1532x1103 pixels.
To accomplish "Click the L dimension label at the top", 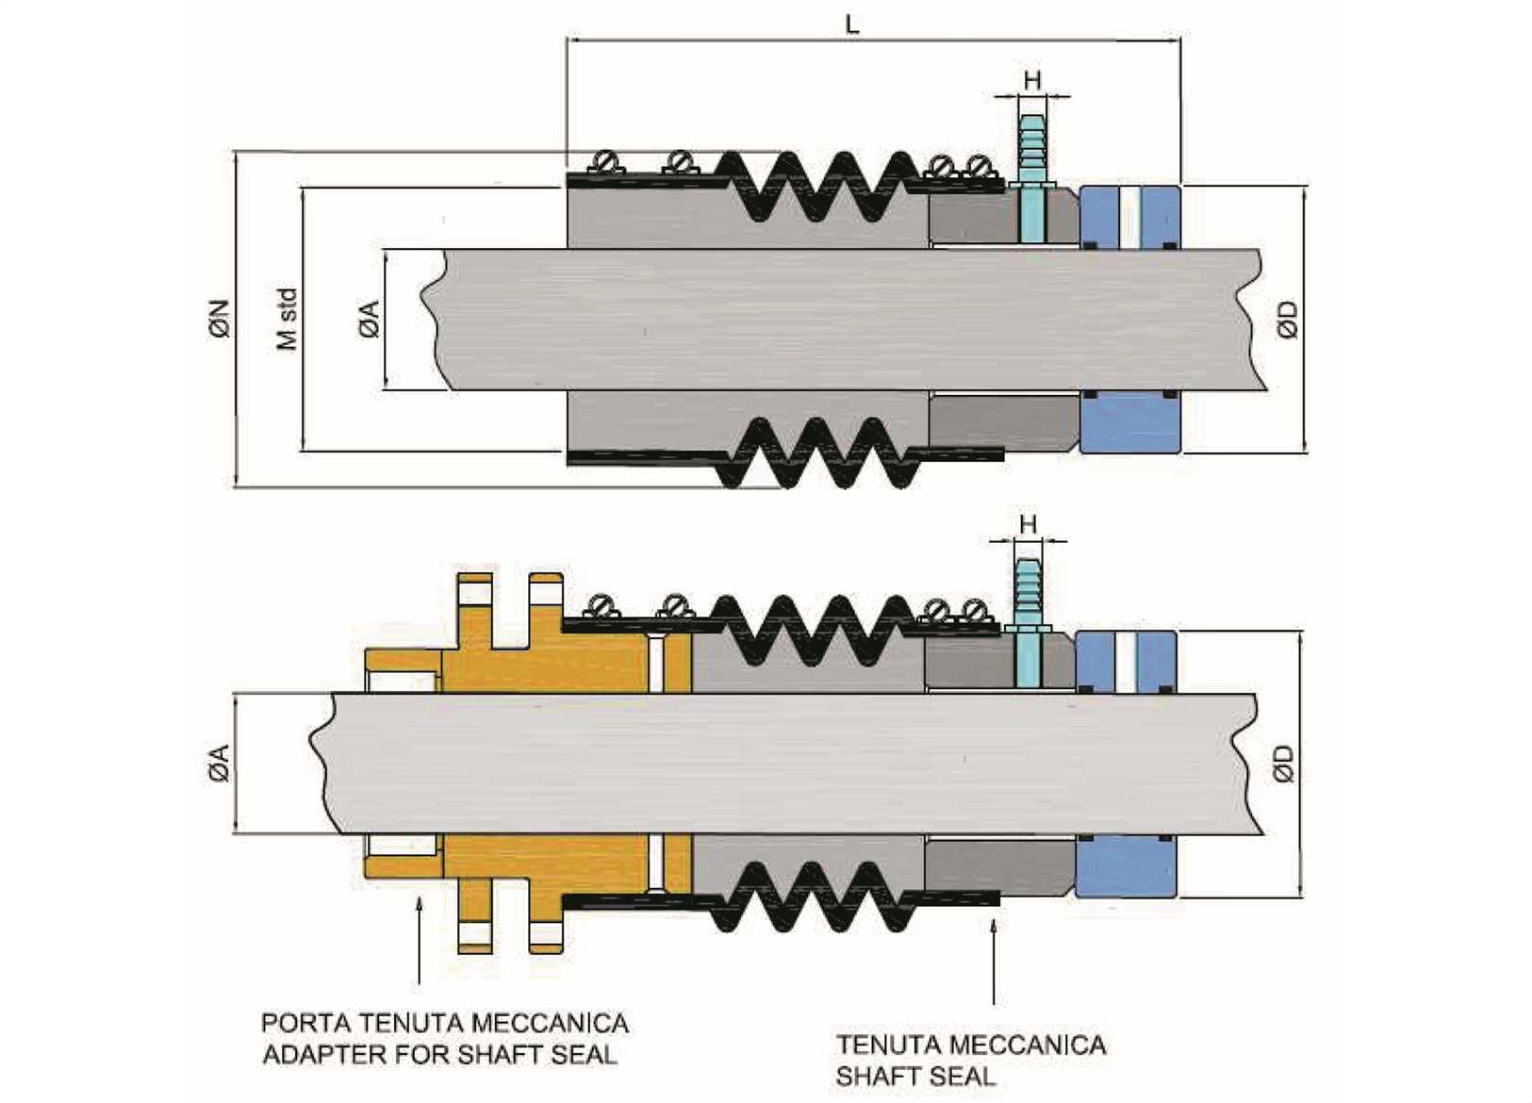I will tap(852, 25).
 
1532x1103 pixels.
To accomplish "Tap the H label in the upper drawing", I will tap(1032, 80).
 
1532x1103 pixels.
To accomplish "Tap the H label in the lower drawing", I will tap(1028, 524).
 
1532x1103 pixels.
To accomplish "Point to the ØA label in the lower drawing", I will tap(219, 763).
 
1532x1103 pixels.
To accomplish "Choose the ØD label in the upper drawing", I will tap(1288, 319).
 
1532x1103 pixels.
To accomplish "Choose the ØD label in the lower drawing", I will tap(1283, 763).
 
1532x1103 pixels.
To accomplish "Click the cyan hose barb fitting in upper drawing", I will tap(1033, 151).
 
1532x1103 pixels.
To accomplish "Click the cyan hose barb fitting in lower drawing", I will tap(1028, 594).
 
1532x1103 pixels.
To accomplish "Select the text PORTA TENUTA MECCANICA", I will tap(445, 1023).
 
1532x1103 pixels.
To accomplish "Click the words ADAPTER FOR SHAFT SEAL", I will tap(439, 1054).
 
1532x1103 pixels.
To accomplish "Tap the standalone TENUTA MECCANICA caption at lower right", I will tap(971, 1045).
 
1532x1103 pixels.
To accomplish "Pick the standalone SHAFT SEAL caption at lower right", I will tap(914, 1076).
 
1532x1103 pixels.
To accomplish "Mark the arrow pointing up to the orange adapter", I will tap(419, 943).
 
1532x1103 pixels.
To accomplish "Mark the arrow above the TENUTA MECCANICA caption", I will tap(994, 962).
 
